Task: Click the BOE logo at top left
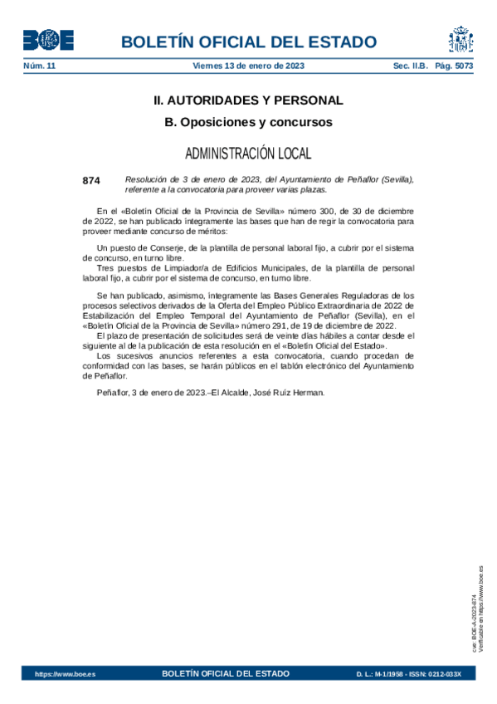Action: pyautogui.click(x=48, y=40)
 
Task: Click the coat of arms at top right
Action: pyautogui.click(x=461, y=40)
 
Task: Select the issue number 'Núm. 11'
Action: pyautogui.click(x=39, y=66)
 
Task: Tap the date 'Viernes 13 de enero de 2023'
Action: pyautogui.click(x=249, y=66)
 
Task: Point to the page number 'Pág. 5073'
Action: pyautogui.click(x=454, y=66)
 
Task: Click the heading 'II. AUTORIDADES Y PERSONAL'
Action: pyautogui.click(x=248, y=100)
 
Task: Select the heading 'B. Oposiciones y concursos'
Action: pyautogui.click(x=248, y=122)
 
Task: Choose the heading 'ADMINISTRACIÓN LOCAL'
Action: pyautogui.click(x=248, y=154)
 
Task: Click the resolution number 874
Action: pyautogui.click(x=91, y=179)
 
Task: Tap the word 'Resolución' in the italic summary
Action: pyautogui.click(x=147, y=179)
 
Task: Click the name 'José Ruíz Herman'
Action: pyautogui.click(x=290, y=393)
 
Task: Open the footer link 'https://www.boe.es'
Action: pyautogui.click(x=65, y=674)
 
